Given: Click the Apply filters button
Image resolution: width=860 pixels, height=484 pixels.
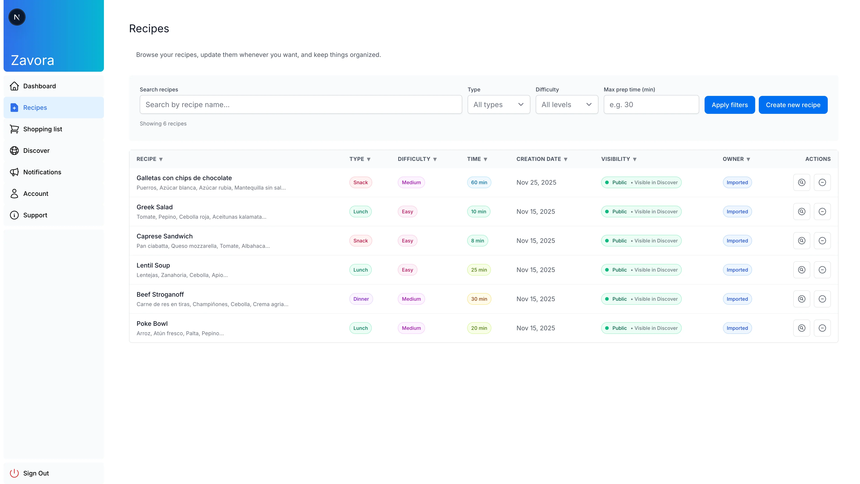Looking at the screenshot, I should coord(729,105).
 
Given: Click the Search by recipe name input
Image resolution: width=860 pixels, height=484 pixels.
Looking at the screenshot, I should coord(301,105).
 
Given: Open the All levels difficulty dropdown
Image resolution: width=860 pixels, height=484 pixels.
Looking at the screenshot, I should coord(567,105).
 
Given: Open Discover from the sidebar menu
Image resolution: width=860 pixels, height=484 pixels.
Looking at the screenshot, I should coord(36,151).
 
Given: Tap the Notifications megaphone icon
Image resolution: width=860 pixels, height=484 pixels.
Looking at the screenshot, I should coord(14,172).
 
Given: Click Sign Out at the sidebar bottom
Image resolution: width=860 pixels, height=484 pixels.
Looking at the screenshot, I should coord(36,473).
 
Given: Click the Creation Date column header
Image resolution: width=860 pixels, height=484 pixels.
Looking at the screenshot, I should coord(542,159).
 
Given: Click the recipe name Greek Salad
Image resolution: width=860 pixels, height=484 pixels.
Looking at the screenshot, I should coord(155,207).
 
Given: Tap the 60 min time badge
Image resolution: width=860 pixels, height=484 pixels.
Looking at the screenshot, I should coord(479,182).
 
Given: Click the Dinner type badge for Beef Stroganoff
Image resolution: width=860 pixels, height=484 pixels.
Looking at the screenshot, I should coord(361,299).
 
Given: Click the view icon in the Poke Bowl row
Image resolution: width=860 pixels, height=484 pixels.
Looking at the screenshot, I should coord(801,328).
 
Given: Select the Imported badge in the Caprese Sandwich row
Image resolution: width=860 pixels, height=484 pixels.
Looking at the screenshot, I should coord(737,241).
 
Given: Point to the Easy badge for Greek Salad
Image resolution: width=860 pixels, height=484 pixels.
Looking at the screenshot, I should coord(407,212).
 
